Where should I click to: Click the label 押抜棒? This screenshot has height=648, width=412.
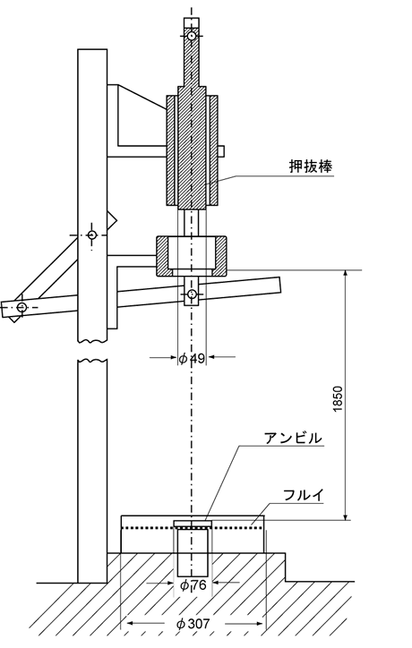point(311,166)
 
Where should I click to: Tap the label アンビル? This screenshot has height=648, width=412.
point(293,438)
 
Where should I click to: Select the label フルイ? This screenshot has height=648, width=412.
point(304,495)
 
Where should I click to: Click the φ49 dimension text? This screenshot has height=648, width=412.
point(192,358)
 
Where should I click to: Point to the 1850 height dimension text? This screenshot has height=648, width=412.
point(338,399)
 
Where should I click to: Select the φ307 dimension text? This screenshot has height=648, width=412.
point(194,624)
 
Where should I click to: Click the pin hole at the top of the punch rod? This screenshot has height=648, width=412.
point(191,36)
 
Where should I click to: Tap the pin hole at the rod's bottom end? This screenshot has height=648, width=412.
point(192,294)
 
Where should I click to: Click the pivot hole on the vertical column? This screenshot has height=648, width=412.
point(92,234)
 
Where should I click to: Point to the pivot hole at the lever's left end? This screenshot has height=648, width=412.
point(21,307)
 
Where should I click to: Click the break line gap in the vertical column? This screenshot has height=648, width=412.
point(92,351)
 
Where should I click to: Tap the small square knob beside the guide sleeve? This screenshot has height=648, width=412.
point(221,151)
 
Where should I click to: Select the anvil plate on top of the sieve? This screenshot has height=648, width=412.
point(193,524)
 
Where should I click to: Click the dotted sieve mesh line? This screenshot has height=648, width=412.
point(192,528)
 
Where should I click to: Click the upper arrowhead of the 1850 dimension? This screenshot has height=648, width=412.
point(346,274)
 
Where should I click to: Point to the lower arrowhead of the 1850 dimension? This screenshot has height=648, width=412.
point(346,516)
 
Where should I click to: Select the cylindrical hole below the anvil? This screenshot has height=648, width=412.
point(193,553)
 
